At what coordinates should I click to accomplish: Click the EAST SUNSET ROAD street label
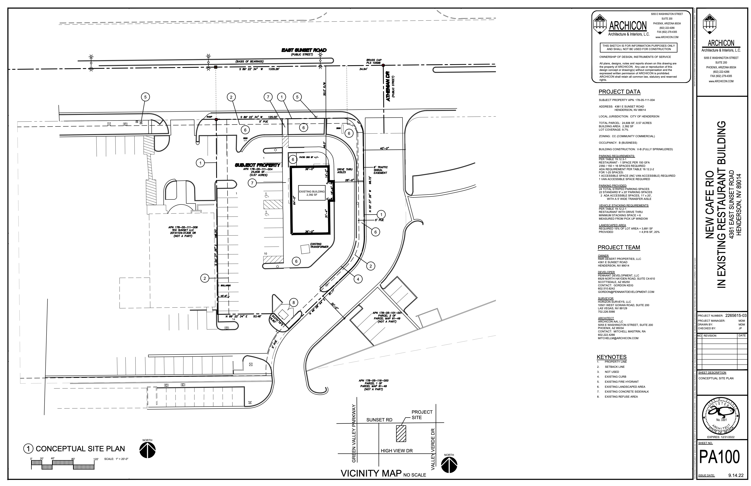pos(304,50)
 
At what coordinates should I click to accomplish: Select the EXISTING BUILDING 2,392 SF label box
pos(312,193)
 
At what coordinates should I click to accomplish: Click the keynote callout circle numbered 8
pos(293,303)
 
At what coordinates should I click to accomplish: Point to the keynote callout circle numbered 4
pos(358,279)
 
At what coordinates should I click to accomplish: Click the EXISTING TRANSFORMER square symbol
pos(305,249)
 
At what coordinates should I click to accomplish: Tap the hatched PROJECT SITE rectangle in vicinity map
pos(401,434)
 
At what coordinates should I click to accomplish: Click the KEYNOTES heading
pos(611,357)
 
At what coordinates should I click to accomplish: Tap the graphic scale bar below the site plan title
pos(63,465)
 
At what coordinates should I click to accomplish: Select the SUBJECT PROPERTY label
pos(257,165)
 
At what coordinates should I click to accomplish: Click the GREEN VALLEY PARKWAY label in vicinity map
pos(354,434)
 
